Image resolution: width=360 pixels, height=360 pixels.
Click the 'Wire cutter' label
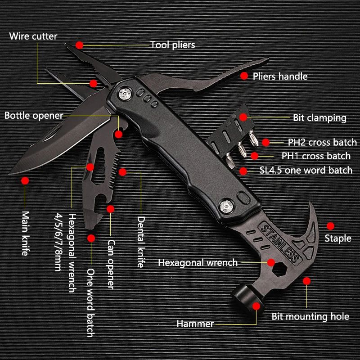click(33, 36)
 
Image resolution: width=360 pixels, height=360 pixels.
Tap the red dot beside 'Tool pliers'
click(80, 45)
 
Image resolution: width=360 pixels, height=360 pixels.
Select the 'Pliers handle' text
click(280, 76)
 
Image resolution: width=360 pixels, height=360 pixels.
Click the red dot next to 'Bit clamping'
click(243, 117)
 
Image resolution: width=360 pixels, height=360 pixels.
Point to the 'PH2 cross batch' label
click(322, 143)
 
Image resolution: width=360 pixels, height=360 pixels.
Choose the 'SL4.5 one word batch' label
click(306, 170)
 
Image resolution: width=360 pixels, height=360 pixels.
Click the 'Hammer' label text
click(195, 324)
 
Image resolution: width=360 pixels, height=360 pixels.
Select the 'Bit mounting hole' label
click(310, 316)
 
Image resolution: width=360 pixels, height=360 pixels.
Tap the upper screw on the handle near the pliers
click(126, 94)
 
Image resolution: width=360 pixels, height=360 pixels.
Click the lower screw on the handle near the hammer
click(225, 206)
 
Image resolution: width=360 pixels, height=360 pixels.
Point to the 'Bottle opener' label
click(34, 116)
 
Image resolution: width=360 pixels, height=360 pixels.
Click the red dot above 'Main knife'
click(24, 180)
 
